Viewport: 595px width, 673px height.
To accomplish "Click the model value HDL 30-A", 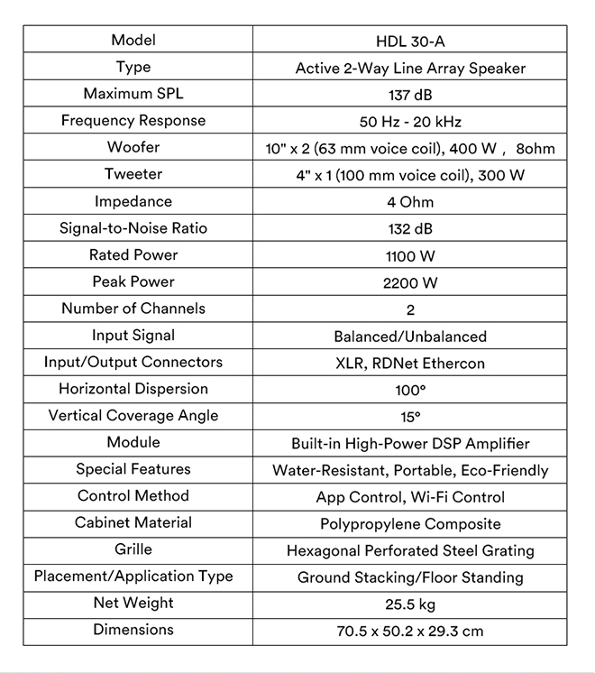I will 410,41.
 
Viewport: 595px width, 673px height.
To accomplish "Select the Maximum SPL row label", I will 133,94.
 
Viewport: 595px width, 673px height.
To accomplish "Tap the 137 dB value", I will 410,95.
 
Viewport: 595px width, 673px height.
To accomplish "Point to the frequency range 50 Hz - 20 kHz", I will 410,122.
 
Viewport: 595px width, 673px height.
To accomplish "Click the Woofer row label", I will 133,147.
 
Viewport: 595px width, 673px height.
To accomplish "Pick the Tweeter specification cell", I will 410,175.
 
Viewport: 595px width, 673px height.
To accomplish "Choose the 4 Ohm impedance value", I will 410,202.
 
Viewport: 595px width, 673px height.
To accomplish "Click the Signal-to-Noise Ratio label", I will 133,228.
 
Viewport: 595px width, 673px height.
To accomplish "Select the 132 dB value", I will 410,229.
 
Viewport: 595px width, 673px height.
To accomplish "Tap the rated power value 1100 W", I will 410,256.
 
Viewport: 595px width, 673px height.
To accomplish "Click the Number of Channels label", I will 133,309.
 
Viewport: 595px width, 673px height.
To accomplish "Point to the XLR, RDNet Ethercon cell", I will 410,364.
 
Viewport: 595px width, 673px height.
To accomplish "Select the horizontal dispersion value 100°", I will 410,390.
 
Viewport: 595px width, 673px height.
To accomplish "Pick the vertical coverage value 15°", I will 410,417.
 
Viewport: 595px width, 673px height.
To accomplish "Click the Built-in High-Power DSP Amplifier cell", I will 410,444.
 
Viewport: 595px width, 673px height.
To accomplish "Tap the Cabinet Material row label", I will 133,522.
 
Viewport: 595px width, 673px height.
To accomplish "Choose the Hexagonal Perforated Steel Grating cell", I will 410,550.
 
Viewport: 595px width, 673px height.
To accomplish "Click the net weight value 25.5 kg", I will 410,604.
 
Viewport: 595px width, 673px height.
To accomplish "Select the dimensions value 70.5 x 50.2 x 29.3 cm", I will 410,632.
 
